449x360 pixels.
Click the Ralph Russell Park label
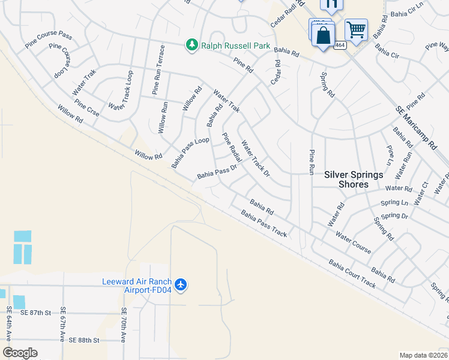tap(235, 46)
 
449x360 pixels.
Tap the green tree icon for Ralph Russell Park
tap(191, 45)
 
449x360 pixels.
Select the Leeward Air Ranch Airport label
tap(137, 286)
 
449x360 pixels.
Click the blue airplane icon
tap(182, 283)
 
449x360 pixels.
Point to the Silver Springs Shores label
tap(354, 179)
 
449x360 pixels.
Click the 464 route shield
tap(340, 45)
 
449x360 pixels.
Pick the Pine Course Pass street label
tap(49, 40)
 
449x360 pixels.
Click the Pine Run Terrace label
tap(157, 69)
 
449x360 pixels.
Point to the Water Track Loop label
tap(121, 90)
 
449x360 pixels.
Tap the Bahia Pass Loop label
tap(190, 152)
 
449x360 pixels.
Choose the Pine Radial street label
tap(232, 148)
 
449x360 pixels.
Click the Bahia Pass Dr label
tap(217, 172)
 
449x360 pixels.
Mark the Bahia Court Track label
tap(352, 274)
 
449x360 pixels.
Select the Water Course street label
tap(353, 242)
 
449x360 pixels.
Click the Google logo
tap(20, 353)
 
